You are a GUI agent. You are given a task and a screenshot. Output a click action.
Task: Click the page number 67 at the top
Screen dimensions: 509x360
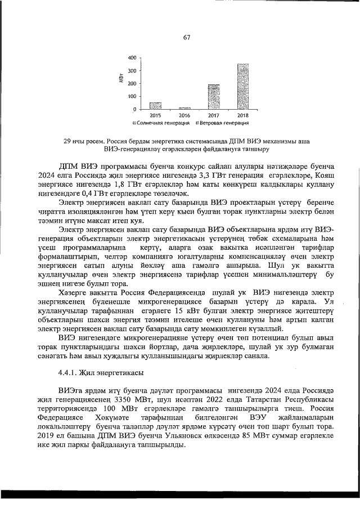tap(186, 38)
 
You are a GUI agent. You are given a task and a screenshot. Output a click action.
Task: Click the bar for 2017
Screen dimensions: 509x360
tap(213, 97)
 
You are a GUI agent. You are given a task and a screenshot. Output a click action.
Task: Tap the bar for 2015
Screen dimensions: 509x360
tap(155, 106)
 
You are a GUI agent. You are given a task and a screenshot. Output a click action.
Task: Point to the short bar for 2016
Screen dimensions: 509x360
tap(184, 108)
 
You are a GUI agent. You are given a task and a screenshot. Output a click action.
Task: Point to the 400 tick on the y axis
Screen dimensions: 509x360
tap(131, 58)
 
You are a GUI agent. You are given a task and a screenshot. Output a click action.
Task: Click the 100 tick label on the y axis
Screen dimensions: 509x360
tap(131, 96)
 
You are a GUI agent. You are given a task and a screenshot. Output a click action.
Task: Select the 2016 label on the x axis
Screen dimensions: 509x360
tap(184, 115)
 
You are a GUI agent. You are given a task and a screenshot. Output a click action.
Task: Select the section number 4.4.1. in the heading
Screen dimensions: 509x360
tap(69, 373)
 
